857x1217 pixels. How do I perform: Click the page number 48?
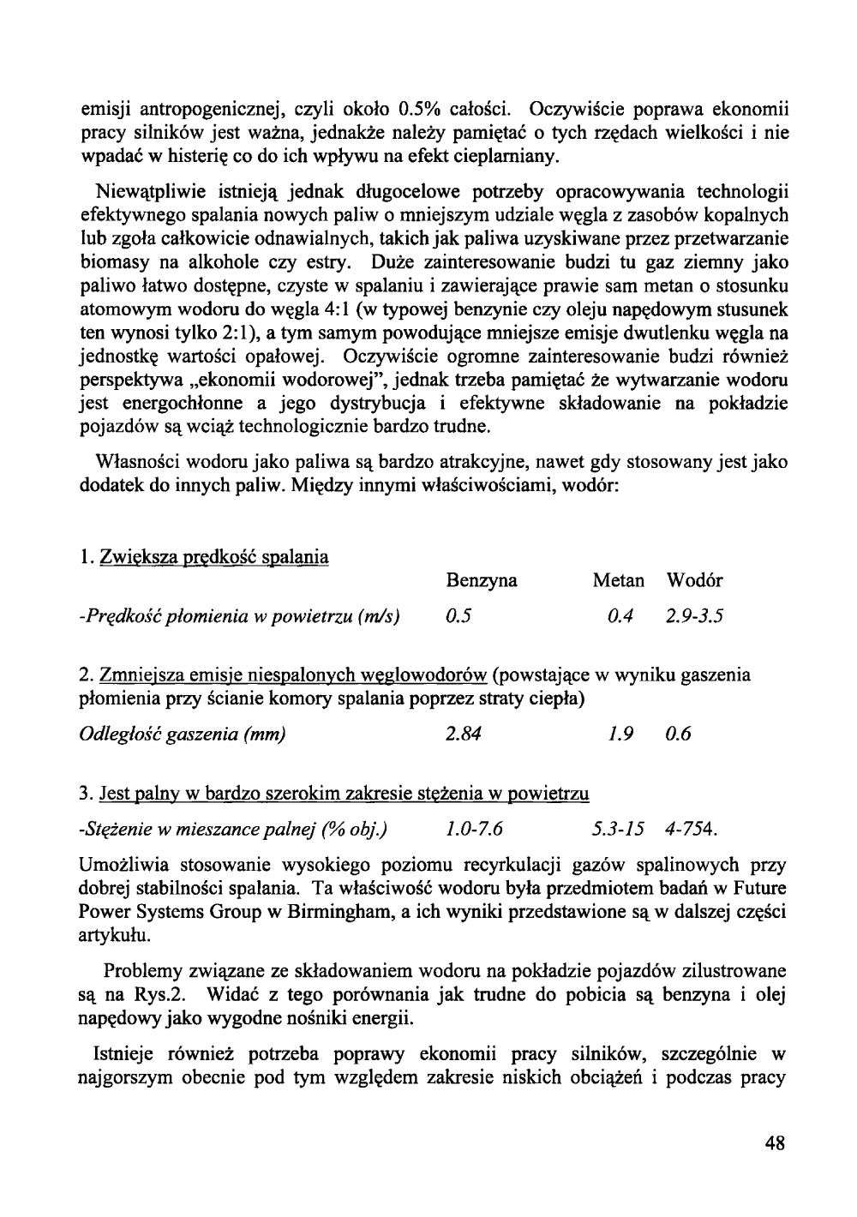[776, 1143]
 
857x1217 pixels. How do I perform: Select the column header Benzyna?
[482, 581]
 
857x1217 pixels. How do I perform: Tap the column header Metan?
[618, 581]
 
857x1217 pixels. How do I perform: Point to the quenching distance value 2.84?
[464, 734]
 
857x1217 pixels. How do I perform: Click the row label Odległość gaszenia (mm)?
[182, 734]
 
